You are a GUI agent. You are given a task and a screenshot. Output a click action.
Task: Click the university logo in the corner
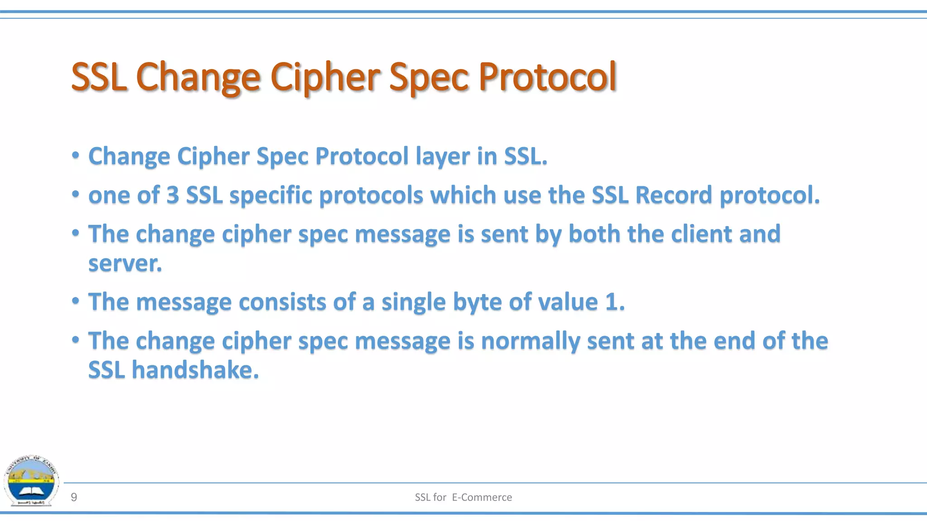pos(31,481)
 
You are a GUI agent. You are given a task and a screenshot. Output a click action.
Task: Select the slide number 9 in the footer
pos(74,497)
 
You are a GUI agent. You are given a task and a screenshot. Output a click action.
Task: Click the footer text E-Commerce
pos(482,497)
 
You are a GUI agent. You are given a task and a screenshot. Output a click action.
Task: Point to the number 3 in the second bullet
pos(172,195)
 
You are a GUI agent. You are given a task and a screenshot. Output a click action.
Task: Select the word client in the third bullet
pos(701,234)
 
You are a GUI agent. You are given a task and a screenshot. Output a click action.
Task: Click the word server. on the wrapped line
pos(125,264)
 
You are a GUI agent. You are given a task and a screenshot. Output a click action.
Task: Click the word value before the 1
pos(568,302)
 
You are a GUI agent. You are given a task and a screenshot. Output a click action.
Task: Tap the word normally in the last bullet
pos(530,341)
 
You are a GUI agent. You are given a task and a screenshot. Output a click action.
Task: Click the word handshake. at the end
pos(195,370)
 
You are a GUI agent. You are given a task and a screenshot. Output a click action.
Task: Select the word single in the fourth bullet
pos(413,302)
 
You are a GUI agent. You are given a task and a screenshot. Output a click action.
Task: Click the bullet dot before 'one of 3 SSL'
pos(76,195)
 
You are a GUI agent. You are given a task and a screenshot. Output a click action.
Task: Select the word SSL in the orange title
pos(98,77)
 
